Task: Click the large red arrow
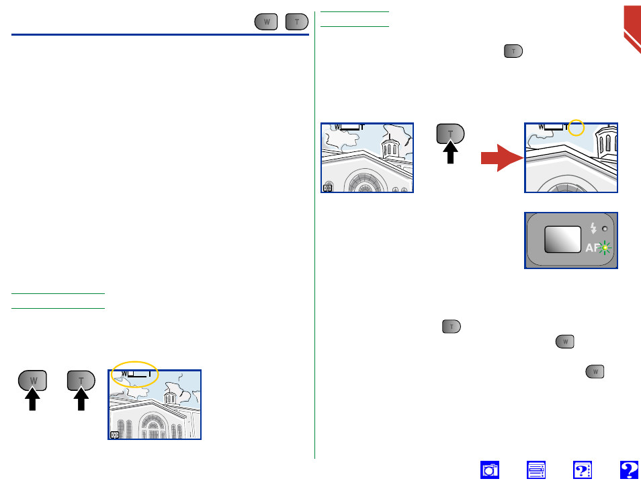tap(502, 158)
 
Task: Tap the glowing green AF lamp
tap(605, 248)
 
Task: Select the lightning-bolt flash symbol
tap(593, 228)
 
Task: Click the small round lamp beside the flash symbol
tap(605, 229)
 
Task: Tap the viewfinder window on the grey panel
tap(562, 239)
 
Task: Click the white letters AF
tap(593, 248)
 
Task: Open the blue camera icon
tap(489, 470)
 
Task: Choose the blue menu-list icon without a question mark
tap(536, 470)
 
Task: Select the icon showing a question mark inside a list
tap(582, 470)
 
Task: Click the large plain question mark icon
tap(629, 470)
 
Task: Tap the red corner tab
tap(632, 25)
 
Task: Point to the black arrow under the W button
tap(32, 399)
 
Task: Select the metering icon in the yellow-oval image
tap(115, 435)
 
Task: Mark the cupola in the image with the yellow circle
tap(606, 142)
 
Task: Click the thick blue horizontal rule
tap(160, 35)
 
